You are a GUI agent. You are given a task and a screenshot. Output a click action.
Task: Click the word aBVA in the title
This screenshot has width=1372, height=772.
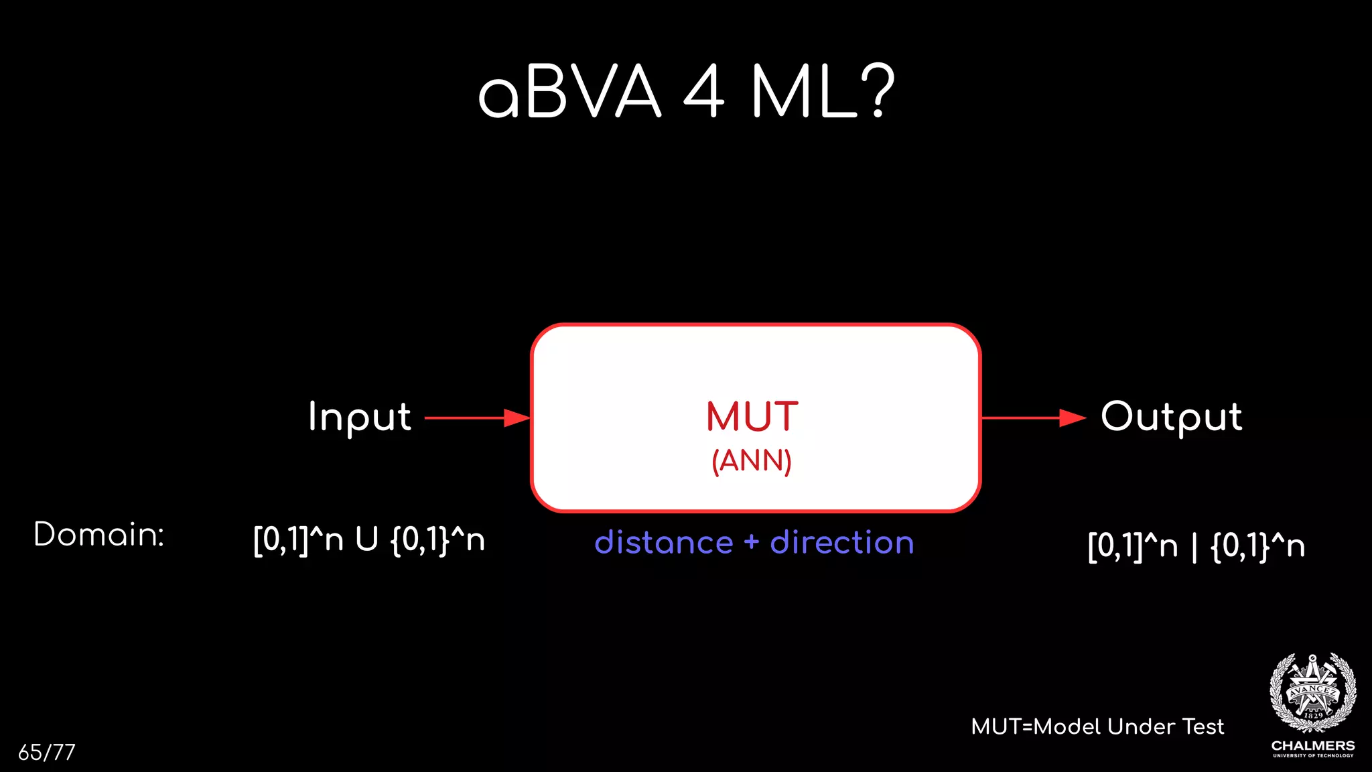tap(569, 92)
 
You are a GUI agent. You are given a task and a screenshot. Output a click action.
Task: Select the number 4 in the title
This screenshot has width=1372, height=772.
tap(704, 92)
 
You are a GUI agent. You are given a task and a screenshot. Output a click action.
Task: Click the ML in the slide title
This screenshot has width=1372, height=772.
tap(803, 92)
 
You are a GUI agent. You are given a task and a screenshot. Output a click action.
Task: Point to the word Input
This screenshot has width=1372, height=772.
tap(360, 417)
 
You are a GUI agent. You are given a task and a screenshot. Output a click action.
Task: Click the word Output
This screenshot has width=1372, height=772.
tap(1171, 417)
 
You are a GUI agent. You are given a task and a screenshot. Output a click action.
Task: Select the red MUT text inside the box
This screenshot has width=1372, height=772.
tap(752, 417)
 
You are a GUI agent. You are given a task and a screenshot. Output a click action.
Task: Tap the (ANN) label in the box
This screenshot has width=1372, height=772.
tap(752, 461)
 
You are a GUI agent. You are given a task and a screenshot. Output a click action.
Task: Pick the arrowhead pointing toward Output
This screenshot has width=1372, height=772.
tap(1072, 418)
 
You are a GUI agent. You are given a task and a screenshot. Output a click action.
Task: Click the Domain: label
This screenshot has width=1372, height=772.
tap(99, 535)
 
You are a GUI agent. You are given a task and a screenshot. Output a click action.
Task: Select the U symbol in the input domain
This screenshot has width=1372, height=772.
tap(366, 539)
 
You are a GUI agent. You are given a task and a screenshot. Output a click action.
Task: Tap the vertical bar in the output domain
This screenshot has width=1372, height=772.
tap(1194, 546)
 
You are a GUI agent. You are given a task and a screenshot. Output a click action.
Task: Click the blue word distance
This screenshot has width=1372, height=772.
tap(664, 543)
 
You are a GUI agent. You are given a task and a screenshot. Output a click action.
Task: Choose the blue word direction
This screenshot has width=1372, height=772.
tap(842, 543)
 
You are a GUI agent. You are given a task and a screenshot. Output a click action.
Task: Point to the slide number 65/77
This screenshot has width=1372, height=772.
tap(47, 752)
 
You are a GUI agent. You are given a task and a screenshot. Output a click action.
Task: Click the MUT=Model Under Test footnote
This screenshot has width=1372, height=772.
tap(1097, 726)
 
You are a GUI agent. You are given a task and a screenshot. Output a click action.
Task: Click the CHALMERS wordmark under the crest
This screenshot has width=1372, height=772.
tap(1313, 745)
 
